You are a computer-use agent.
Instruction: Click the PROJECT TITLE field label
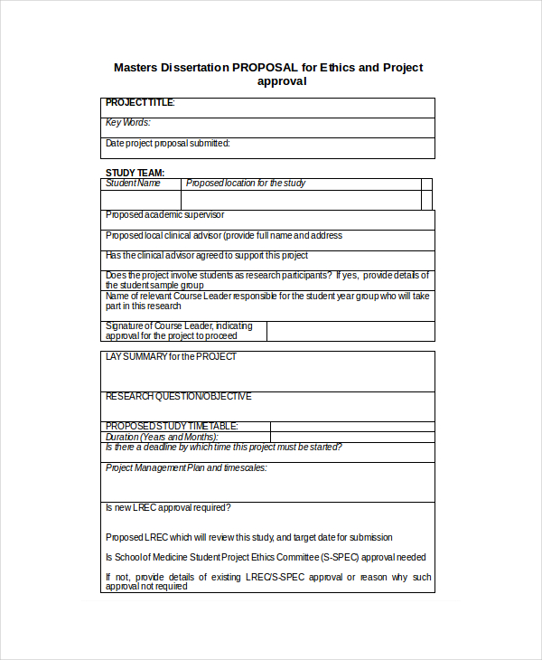(x=140, y=103)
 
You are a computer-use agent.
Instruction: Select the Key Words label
(x=127, y=123)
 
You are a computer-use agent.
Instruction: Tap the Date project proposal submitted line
(x=167, y=143)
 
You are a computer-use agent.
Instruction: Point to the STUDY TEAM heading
(x=135, y=173)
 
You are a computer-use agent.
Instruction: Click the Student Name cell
(x=133, y=184)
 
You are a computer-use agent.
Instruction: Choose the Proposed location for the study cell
(x=246, y=184)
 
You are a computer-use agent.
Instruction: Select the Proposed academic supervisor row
(x=165, y=215)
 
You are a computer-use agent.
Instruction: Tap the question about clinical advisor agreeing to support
(x=207, y=256)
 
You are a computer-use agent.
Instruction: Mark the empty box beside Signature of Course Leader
(x=350, y=331)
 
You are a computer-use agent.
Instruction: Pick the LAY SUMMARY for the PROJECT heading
(x=171, y=357)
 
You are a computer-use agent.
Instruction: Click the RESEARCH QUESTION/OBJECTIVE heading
(x=179, y=397)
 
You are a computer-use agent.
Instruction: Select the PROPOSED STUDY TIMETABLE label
(x=172, y=426)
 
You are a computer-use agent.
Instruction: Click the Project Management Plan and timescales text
(x=186, y=468)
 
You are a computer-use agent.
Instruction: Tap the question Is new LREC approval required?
(x=168, y=508)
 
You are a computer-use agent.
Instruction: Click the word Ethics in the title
(x=338, y=67)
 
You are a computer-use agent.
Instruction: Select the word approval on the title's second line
(x=282, y=81)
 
